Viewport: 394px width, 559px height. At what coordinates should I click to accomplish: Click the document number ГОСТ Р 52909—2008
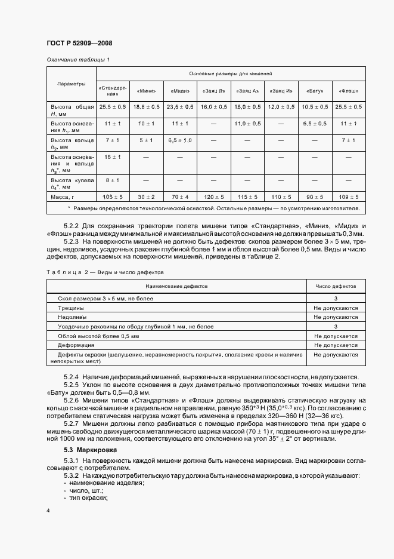click(x=79, y=44)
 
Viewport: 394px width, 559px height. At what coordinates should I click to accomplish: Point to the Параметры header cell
click(x=71, y=84)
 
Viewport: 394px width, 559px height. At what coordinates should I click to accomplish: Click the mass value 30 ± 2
click(x=146, y=196)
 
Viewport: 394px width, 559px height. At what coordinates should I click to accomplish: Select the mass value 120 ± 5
click(x=213, y=196)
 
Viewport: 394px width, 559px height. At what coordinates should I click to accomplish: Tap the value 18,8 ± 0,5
click(x=146, y=106)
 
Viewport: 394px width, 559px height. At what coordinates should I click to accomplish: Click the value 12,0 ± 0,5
click(x=281, y=106)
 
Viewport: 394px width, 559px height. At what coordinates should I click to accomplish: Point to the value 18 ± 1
click(x=113, y=156)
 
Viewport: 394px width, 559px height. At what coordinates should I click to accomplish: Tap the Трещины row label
click(x=71, y=308)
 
